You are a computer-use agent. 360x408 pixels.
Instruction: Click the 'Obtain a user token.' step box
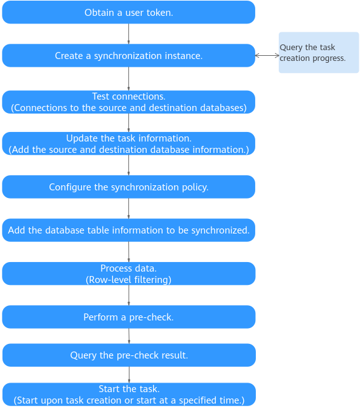(x=129, y=12)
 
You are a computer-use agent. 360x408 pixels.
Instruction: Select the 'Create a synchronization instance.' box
(x=129, y=55)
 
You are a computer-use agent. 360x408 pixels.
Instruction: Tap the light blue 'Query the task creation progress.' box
(x=319, y=52)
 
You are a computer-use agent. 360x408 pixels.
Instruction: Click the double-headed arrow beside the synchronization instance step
(x=267, y=55)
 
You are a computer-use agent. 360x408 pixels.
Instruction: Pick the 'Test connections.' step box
(x=129, y=102)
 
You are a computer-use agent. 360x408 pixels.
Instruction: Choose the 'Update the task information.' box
(x=129, y=143)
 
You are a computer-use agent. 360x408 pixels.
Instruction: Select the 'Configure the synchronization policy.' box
(x=129, y=187)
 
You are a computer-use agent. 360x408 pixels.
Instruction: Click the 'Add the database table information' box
(x=129, y=230)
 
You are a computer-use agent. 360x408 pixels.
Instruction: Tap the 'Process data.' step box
(x=129, y=273)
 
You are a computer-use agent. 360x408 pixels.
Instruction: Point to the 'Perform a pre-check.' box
(x=129, y=317)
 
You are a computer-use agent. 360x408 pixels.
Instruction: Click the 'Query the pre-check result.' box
(x=129, y=355)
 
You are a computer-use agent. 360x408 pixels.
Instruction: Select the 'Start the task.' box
(x=129, y=395)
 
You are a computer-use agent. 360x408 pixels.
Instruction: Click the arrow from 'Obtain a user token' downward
(x=129, y=34)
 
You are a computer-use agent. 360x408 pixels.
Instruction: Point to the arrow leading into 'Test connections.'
(x=129, y=79)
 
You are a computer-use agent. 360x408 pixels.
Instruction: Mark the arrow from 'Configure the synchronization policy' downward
(x=129, y=208)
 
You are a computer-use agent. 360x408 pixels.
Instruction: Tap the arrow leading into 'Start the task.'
(x=129, y=375)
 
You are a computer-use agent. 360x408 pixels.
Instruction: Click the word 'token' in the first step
(x=161, y=13)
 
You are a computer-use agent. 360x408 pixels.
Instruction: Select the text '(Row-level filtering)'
(x=129, y=280)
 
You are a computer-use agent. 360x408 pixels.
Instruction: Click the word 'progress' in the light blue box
(x=329, y=58)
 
